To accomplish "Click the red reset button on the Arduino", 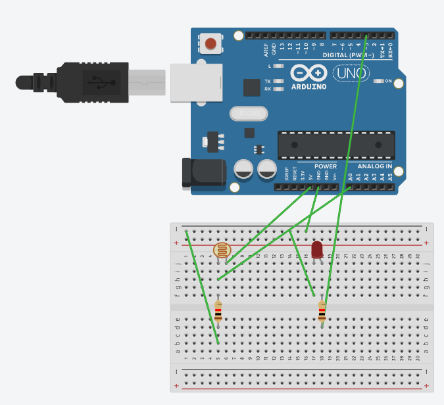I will point(210,44).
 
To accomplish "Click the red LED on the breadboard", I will point(317,249).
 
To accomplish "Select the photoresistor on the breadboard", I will point(223,250).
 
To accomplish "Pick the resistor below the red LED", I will point(322,311).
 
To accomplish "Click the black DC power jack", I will point(203,173).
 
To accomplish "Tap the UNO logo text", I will point(351,74).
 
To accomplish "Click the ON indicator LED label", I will point(387,82).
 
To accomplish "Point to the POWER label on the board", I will point(325,166).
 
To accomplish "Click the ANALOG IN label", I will point(375,166).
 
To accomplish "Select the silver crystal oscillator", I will point(249,114).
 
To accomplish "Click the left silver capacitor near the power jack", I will point(243,169).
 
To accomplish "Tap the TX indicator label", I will point(268,82).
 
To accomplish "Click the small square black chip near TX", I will point(251,87).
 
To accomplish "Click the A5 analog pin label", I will point(390,177).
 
